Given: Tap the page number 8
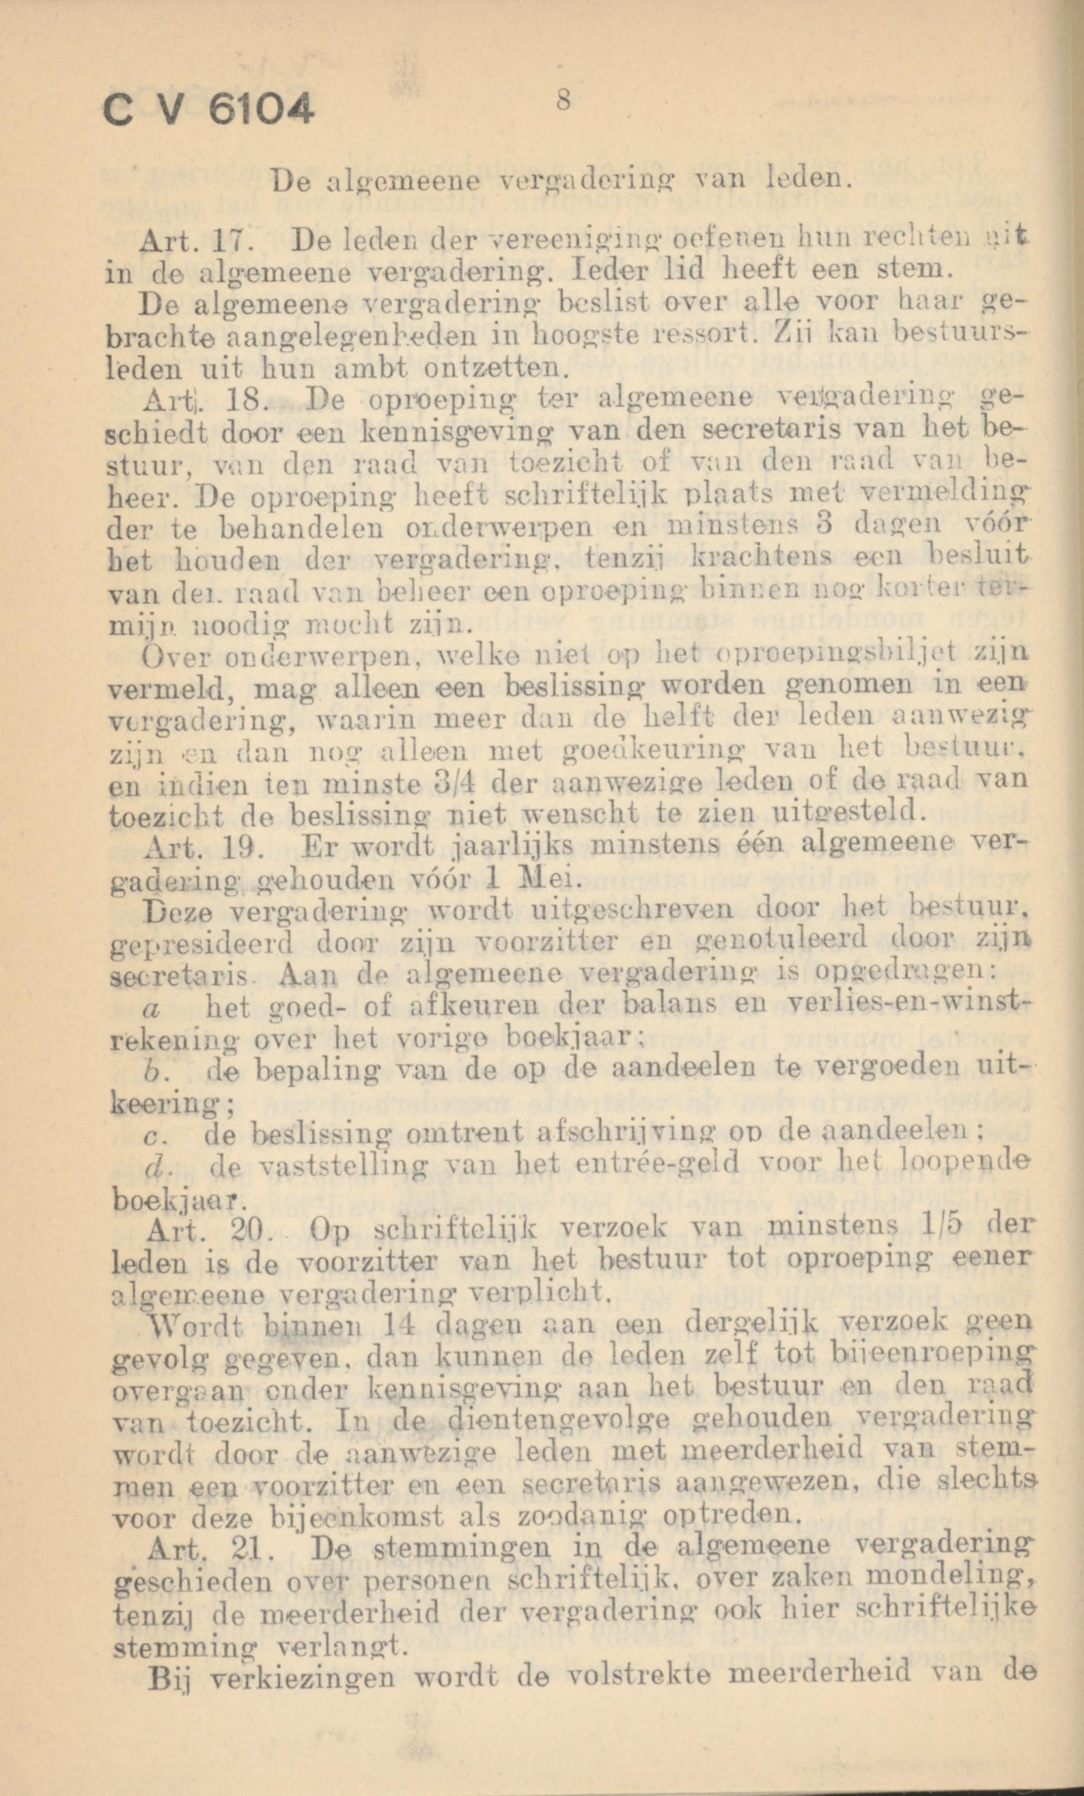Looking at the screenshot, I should click(x=562, y=100).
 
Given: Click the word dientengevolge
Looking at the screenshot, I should click(x=562, y=1417).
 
